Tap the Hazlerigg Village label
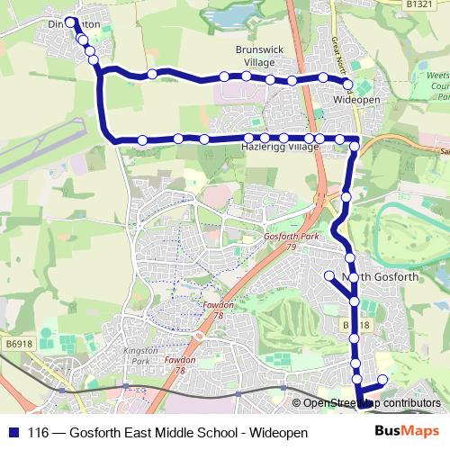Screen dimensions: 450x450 click(x=281, y=147)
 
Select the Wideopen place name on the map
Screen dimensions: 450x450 click(x=355, y=97)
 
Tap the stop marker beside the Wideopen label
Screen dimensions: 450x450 click(x=348, y=85)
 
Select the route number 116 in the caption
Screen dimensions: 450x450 click(x=39, y=433)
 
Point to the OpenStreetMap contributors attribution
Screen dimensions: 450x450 click(x=370, y=403)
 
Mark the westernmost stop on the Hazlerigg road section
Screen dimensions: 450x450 click(x=142, y=139)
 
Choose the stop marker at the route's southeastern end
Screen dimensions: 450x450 click(x=382, y=380)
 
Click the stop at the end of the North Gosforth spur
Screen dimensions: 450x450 click(x=329, y=275)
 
